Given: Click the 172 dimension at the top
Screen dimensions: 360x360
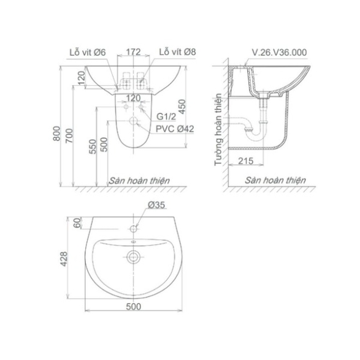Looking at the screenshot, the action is (x=133, y=52).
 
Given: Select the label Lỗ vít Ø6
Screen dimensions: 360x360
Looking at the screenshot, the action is (x=88, y=52).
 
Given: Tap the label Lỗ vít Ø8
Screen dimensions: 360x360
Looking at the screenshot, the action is (x=177, y=52).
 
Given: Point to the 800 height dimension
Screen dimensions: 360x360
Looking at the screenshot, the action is (x=56, y=133).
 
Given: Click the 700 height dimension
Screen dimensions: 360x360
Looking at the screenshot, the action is (x=69, y=136).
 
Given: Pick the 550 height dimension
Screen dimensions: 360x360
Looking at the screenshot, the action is (x=92, y=147).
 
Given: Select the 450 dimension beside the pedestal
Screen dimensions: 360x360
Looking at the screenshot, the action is (x=182, y=107).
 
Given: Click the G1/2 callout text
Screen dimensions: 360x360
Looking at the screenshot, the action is (x=166, y=117).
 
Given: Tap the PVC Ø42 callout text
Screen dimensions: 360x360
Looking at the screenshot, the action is (x=175, y=129).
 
